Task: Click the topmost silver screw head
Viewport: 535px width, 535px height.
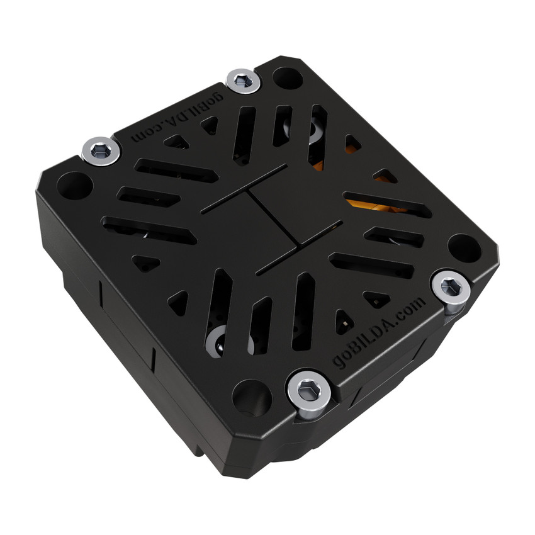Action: point(244,81)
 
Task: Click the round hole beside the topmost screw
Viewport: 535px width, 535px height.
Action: point(288,78)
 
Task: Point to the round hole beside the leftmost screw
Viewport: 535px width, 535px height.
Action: point(75,185)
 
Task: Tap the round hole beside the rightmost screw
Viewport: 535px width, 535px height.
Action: point(465,248)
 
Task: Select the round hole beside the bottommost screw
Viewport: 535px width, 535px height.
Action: point(252,397)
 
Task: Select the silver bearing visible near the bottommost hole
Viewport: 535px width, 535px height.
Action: point(222,339)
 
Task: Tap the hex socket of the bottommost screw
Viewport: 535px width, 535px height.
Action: point(309,391)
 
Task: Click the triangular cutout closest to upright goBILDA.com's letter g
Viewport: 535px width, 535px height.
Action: point(343,320)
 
